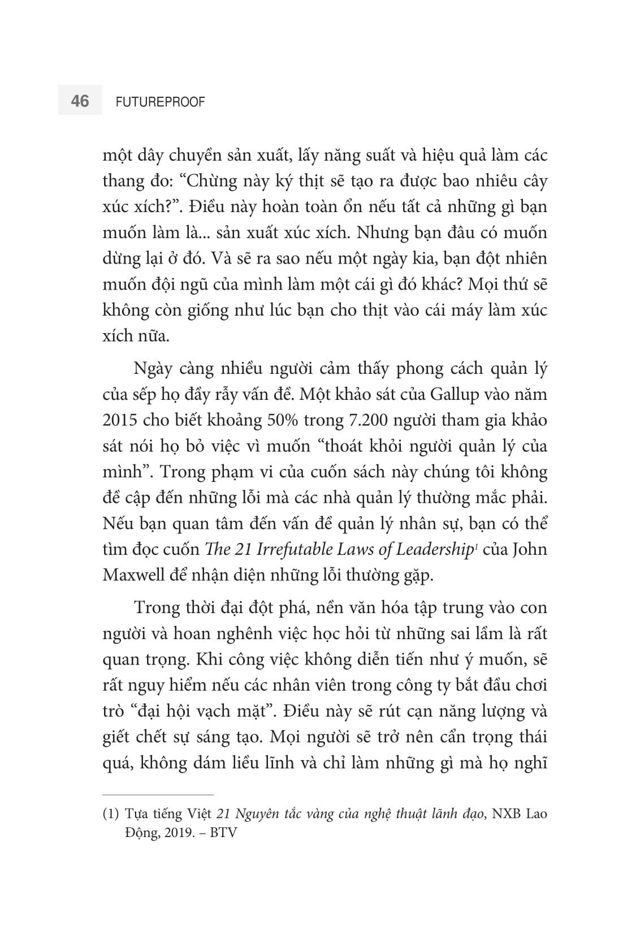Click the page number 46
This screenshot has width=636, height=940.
click(80, 101)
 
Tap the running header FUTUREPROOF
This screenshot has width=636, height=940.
click(160, 102)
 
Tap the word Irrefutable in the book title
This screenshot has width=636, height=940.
click(299, 549)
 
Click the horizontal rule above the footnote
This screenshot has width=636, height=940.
click(158, 795)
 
